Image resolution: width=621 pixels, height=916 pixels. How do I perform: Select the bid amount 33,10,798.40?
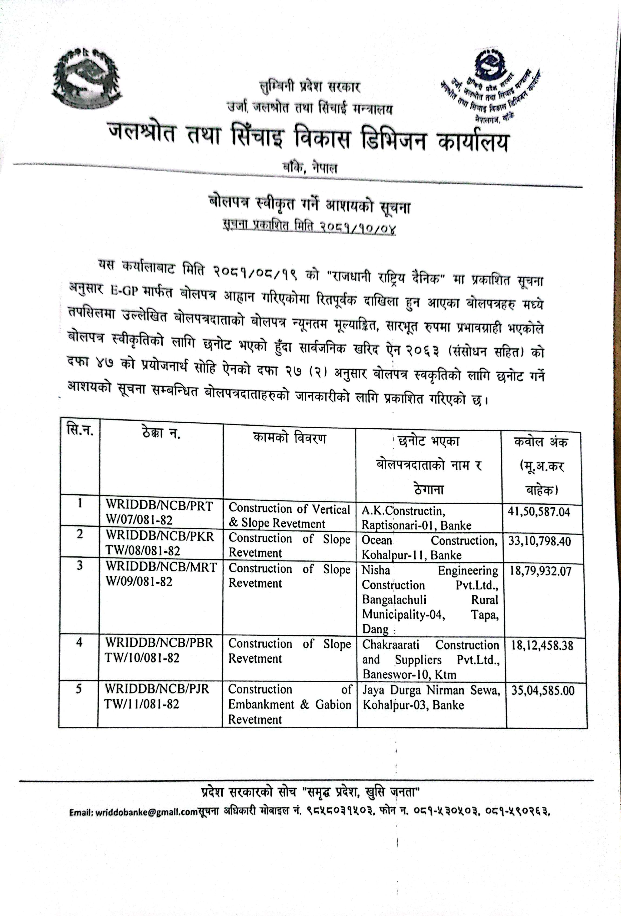tap(539, 541)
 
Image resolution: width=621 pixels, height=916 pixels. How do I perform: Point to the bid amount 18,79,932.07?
tap(540, 571)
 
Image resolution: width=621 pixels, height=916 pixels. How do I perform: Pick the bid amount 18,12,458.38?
tap(542, 645)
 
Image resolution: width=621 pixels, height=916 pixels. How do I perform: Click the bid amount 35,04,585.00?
tap(543, 690)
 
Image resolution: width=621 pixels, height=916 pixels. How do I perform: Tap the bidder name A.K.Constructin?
tap(403, 511)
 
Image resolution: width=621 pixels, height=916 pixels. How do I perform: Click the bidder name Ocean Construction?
tap(430, 540)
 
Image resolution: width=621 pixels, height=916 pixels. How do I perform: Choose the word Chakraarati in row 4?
tap(390, 645)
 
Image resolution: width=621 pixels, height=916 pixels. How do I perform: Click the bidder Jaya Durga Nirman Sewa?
tap(431, 690)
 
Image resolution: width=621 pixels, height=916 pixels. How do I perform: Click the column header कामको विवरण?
tap(289, 438)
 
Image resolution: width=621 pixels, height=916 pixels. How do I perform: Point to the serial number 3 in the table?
tap(80, 565)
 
